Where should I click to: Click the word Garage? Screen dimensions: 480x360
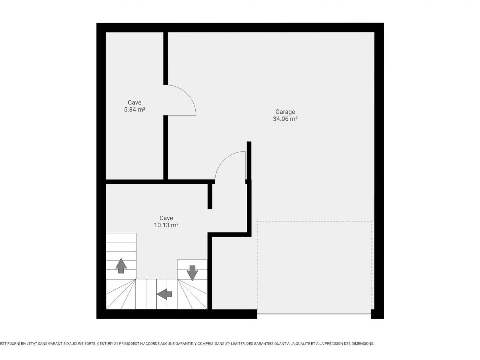tap(285, 112)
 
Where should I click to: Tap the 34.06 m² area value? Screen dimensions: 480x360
tap(285, 119)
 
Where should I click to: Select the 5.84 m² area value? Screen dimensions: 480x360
tap(134, 109)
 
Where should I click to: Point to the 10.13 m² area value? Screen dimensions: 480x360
tap(166, 225)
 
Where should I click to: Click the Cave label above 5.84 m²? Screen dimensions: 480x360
tap(134, 102)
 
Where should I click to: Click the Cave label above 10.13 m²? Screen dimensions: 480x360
tap(166, 218)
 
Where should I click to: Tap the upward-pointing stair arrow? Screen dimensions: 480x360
tap(121, 266)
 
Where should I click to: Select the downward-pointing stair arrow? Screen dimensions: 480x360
tap(192, 273)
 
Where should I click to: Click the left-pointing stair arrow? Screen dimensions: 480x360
tap(164, 294)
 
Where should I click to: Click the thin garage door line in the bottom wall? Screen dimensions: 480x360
tap(314, 314)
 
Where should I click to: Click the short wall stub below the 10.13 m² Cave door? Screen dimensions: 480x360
tap(210, 196)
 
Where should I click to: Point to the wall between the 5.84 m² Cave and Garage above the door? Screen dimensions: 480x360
tap(166, 58)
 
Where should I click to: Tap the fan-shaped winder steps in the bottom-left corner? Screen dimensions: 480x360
tap(121, 294)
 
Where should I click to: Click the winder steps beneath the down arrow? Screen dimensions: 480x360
tap(192, 294)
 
